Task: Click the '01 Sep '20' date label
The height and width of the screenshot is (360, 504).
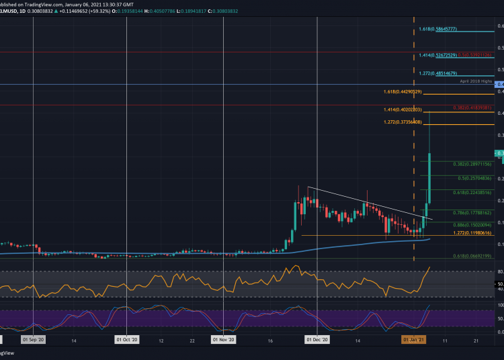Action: coord(33,341)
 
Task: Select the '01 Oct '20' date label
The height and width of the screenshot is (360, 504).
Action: coord(126,341)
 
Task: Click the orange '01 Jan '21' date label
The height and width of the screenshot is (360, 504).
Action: coord(413,341)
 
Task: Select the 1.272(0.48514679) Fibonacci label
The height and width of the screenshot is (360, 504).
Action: coord(438,73)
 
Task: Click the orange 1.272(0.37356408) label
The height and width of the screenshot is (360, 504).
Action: coord(403,122)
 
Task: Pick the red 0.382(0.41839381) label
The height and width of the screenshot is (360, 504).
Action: coord(474,107)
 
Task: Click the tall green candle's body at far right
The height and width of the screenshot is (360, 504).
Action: coord(429,178)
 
